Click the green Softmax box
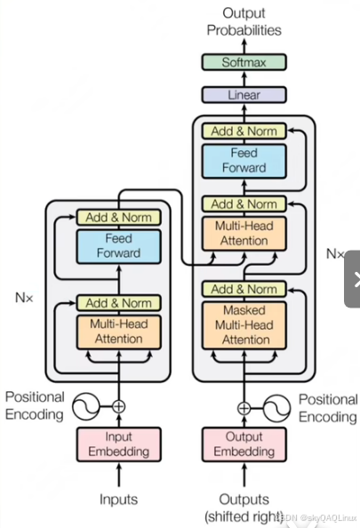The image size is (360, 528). tap(244, 62)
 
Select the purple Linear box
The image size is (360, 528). tap(244, 95)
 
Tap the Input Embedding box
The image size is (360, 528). tap(118, 444)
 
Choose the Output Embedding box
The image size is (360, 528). tap(244, 444)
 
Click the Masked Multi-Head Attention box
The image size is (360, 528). tap(244, 325)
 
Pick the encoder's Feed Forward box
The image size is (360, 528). tap(118, 246)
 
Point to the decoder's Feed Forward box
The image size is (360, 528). tap(244, 161)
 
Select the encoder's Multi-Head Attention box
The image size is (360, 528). tap(118, 332)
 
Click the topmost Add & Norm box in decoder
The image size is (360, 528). tap(244, 131)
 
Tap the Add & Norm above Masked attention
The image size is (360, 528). tap(244, 289)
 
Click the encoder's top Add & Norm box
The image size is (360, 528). tap(118, 218)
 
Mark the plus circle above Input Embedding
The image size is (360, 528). tap(118, 406)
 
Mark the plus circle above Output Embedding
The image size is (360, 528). tap(244, 409)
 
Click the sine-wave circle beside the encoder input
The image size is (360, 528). tap(86, 406)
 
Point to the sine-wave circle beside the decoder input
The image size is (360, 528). tap(276, 409)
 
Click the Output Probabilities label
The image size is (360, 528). tap(244, 21)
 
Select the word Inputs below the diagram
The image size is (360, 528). tap(118, 499)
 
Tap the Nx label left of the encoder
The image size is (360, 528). tap(24, 298)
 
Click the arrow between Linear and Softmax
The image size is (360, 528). tap(244, 78)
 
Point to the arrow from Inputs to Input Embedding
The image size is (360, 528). tap(118, 474)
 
